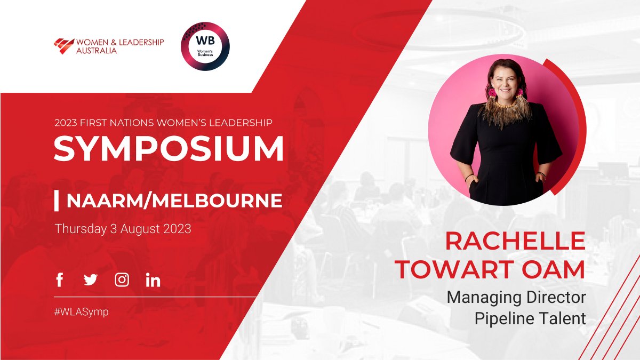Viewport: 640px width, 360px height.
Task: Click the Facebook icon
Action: (x=59, y=279)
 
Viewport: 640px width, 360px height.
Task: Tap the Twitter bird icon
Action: (x=91, y=279)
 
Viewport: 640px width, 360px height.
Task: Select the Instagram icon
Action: (x=122, y=279)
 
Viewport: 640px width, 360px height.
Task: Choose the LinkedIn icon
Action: (x=153, y=280)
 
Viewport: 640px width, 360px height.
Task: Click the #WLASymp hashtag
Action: (x=81, y=312)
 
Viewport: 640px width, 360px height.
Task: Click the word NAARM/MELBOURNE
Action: (x=174, y=201)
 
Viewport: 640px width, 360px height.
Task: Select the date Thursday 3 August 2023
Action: (x=123, y=229)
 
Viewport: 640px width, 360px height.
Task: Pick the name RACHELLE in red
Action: (x=515, y=241)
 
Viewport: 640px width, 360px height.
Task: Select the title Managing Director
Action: (x=516, y=297)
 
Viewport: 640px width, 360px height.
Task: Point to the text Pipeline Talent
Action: (x=530, y=318)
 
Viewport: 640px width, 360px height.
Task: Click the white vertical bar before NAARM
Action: (x=57, y=201)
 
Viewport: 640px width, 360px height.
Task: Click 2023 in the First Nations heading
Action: (x=66, y=123)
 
